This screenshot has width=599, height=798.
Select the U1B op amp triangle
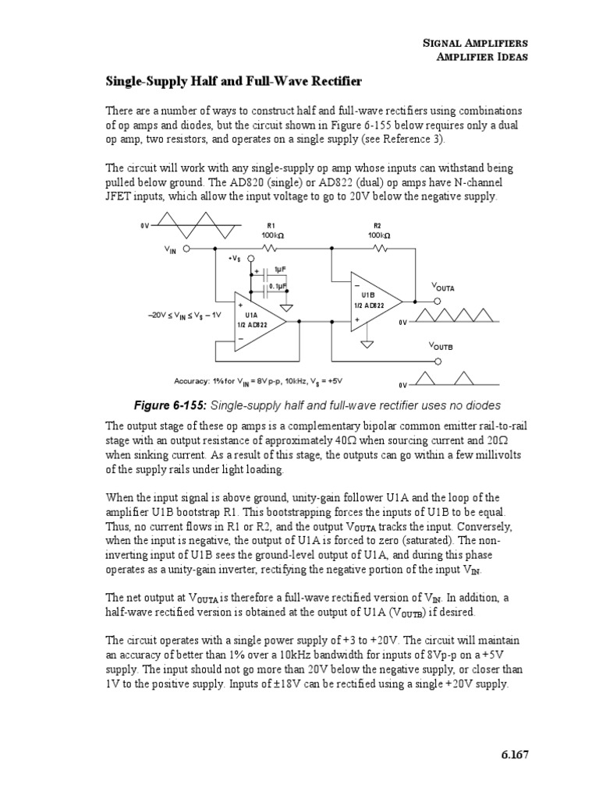[375, 301]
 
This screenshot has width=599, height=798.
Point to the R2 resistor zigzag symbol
[379, 249]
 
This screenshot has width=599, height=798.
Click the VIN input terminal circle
[186, 249]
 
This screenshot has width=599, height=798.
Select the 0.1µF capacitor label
[278, 286]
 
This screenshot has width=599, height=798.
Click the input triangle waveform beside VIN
[198, 225]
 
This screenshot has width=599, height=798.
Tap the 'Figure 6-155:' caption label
[172, 405]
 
